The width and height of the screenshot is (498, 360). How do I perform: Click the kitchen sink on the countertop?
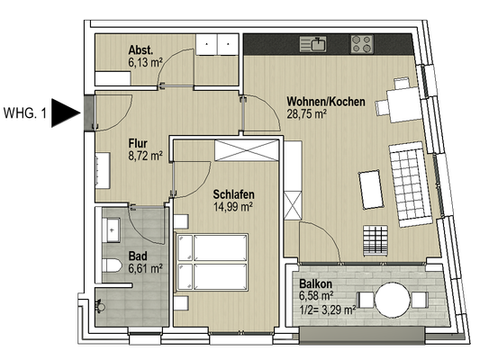click(x=312, y=44)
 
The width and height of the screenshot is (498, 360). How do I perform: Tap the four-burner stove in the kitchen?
click(x=362, y=44)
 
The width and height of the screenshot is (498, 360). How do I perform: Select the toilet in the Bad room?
click(x=112, y=265)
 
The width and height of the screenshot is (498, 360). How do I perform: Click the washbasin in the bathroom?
click(x=111, y=229)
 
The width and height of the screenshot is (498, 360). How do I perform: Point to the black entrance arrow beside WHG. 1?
click(x=66, y=112)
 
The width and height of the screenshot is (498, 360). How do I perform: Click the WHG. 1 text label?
click(x=25, y=113)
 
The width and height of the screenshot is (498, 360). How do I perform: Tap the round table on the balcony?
click(x=393, y=300)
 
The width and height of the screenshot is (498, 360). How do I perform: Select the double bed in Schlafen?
click(x=212, y=262)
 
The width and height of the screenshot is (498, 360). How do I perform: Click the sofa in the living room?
click(x=411, y=184)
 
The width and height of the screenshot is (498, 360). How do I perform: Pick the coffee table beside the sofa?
click(x=371, y=190)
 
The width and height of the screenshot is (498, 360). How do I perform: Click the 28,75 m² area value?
click(x=307, y=114)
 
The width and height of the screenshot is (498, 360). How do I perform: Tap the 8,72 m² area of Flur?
click(x=146, y=156)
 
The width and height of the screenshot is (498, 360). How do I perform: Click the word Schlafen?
click(x=233, y=194)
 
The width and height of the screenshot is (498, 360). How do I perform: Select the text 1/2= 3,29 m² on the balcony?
click(x=328, y=310)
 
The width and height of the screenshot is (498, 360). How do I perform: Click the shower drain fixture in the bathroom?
click(x=100, y=306)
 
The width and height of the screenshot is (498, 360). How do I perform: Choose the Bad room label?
click(x=138, y=256)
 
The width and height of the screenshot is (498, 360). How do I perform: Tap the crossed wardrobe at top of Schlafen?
click(x=247, y=150)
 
